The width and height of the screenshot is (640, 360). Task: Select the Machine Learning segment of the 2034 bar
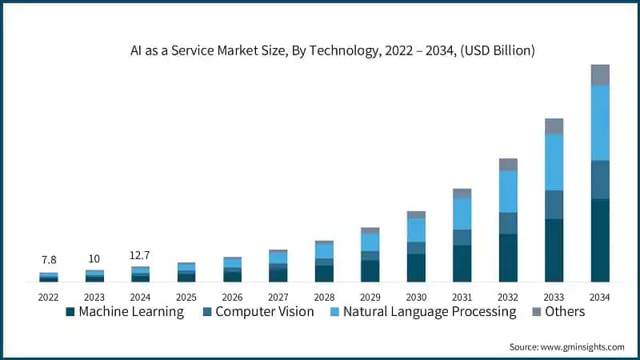click(x=600, y=240)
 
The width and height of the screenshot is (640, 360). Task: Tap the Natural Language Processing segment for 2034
click(x=600, y=122)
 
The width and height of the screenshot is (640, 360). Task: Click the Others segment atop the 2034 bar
click(x=600, y=74)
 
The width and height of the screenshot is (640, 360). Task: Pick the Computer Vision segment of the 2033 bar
click(x=554, y=205)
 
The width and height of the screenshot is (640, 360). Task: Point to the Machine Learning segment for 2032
click(x=508, y=258)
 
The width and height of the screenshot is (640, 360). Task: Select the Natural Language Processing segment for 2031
click(x=462, y=214)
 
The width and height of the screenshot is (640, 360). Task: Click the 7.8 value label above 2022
click(x=49, y=260)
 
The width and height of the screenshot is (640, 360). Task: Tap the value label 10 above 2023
click(x=94, y=258)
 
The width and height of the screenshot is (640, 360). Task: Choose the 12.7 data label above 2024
click(x=140, y=255)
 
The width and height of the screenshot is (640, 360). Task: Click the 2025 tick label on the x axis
click(x=186, y=296)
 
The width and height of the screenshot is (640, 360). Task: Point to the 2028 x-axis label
click(x=324, y=296)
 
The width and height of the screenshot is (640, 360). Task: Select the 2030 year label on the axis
click(x=416, y=296)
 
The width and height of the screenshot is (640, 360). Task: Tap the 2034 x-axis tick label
click(x=600, y=296)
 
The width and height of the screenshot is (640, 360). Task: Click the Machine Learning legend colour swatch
click(x=70, y=312)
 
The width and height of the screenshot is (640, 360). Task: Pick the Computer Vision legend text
click(x=265, y=312)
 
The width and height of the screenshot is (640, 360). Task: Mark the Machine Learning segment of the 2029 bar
click(x=370, y=271)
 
